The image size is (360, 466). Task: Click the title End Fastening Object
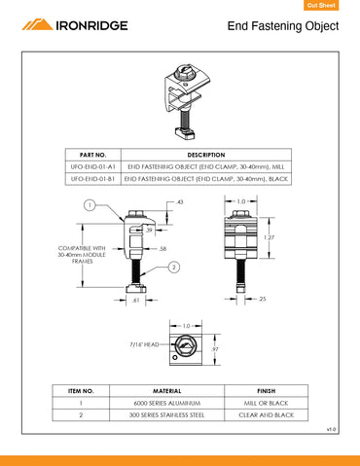tap(282, 26)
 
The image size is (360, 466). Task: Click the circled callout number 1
tap(89, 205)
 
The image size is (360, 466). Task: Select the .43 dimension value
tap(180, 201)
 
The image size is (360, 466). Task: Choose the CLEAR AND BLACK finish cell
tap(266, 413)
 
